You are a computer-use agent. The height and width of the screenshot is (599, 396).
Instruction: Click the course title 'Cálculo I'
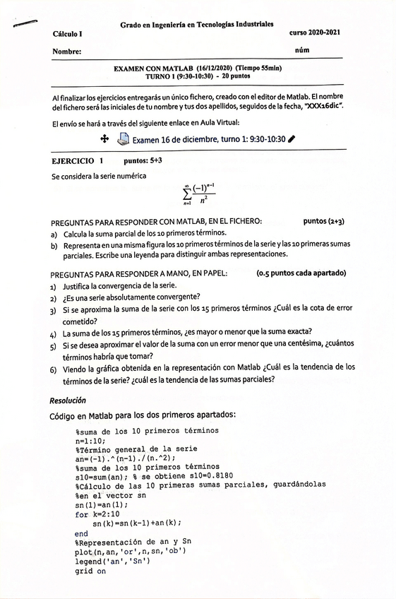pos(67,33)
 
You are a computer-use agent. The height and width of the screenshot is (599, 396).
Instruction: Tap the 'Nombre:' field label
pos(66,52)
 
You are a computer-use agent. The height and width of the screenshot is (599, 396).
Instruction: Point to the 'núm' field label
pos(302,51)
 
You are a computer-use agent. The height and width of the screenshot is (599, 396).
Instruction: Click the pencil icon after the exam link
pos(291,139)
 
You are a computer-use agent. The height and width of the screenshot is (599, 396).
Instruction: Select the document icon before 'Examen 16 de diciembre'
pos(122,139)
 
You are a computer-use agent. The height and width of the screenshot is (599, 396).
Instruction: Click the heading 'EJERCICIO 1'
pos(77,161)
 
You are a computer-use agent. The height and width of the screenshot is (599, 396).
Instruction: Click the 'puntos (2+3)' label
pos(323,221)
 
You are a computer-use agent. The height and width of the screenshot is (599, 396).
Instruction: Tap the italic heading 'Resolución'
pos(67,401)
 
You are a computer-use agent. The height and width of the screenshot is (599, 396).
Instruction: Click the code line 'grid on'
pos(90,571)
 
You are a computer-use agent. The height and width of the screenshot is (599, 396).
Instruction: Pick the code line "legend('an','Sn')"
pos(109,562)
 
